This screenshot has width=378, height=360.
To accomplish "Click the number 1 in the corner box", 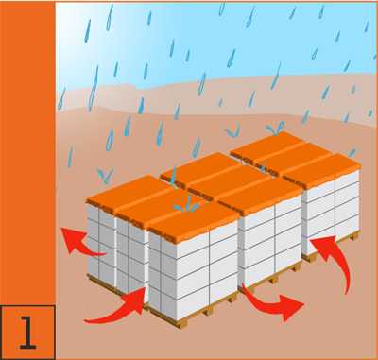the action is [27, 333].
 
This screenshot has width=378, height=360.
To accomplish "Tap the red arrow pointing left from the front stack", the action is [78, 243].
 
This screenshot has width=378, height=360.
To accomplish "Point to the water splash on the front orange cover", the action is [187, 205].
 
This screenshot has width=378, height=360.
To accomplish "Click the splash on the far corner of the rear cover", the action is [275, 129].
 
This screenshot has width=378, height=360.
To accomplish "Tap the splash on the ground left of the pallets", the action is [105, 176].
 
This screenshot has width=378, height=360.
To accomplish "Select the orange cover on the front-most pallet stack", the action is [163, 208].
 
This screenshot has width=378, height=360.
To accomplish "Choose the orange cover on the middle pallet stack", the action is [232, 182].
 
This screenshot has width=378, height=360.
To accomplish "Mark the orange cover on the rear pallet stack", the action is [296, 159].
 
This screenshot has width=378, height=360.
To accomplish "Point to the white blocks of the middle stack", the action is [269, 243].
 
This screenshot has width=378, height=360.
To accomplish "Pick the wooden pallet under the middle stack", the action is [271, 277].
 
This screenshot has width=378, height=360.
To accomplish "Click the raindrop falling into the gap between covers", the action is [173, 176].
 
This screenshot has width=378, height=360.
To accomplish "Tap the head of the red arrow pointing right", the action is [291, 307].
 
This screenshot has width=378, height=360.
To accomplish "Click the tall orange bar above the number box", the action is [27, 153].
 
